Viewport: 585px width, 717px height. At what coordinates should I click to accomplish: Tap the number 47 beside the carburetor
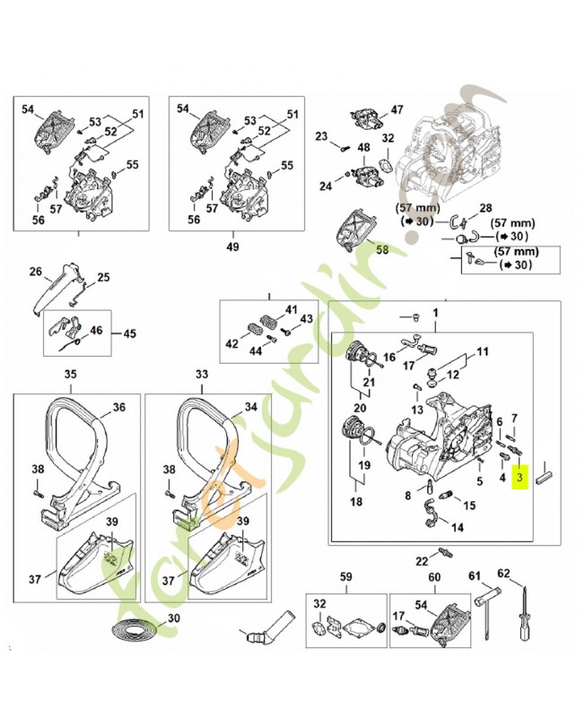(397, 110)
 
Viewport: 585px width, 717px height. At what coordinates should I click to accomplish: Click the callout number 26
(36, 272)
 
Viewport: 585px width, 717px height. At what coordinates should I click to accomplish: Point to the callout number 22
(422, 561)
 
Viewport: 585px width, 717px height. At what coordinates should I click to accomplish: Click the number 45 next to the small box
(129, 334)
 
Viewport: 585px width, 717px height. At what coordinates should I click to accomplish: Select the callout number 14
(458, 528)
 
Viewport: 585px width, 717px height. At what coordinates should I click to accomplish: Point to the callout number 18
(356, 503)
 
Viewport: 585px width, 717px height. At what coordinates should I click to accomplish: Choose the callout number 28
(485, 208)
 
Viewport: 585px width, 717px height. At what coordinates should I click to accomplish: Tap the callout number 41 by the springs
(291, 310)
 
